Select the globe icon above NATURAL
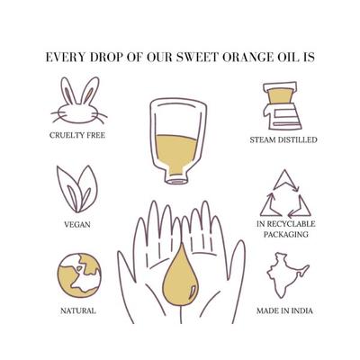coord(78,274)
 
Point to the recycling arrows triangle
coord(284,192)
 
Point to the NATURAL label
coord(78,310)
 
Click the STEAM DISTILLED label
coord(283,139)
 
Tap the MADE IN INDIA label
coord(283,310)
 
